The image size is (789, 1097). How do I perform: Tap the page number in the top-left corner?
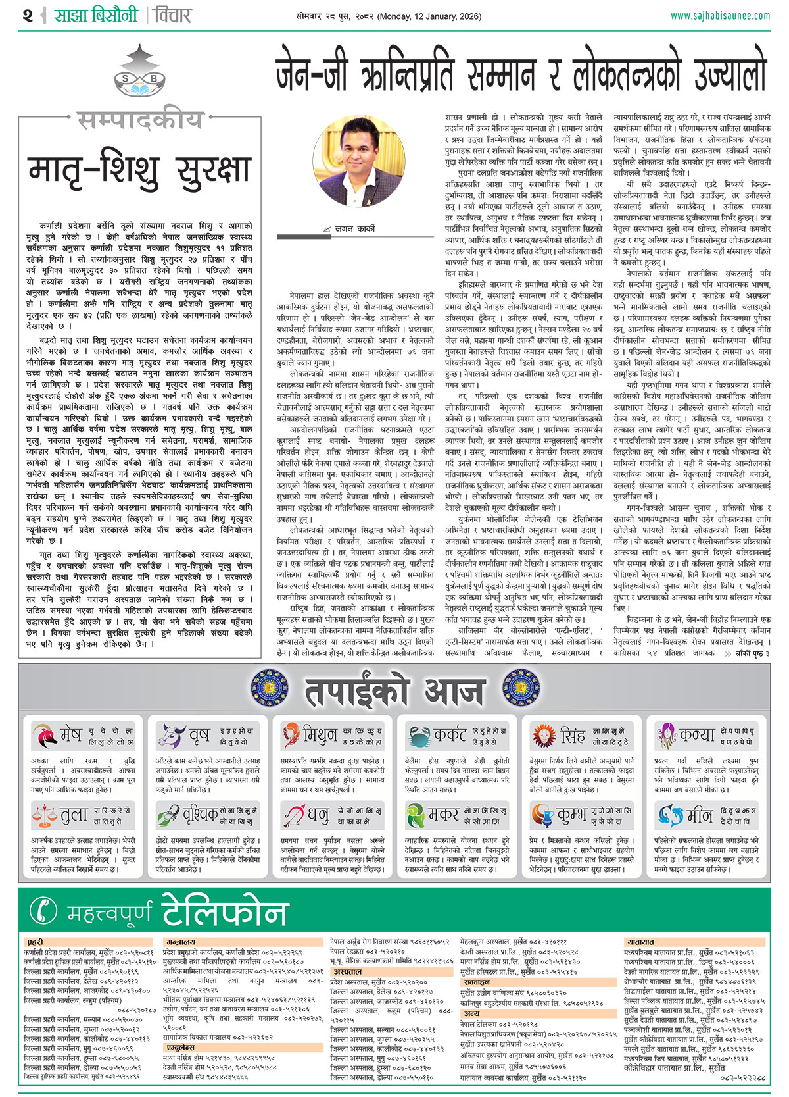[27, 14]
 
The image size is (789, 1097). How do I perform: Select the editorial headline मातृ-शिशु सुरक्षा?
[139, 170]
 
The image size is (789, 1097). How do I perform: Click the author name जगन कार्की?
[355, 228]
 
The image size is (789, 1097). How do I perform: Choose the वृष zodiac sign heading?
[199, 734]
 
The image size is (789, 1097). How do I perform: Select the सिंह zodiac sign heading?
[572, 734]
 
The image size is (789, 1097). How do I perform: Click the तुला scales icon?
[44, 816]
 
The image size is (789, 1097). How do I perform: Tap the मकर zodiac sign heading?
[443, 816]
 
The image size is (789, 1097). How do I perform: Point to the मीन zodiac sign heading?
[699, 816]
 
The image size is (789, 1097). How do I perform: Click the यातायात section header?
[640, 942]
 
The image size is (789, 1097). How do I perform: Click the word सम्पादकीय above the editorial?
[139, 120]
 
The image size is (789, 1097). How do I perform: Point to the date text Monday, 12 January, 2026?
[441, 15]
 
